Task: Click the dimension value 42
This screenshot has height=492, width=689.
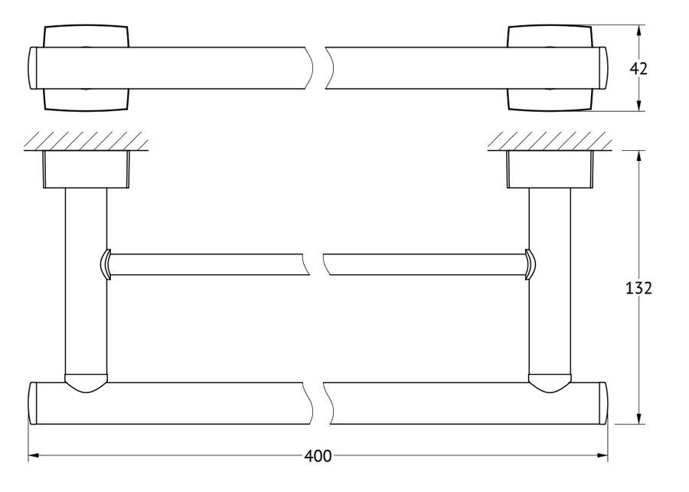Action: (x=638, y=69)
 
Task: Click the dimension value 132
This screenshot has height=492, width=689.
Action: (x=638, y=288)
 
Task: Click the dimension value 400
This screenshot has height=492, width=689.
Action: (x=318, y=457)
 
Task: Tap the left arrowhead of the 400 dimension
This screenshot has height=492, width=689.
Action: (x=34, y=456)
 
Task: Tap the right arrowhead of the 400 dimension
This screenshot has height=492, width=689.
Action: (x=602, y=456)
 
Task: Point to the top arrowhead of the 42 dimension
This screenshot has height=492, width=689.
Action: (x=639, y=31)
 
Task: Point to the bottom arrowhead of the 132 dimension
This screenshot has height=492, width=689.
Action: (x=639, y=418)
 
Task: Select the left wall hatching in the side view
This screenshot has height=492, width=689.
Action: (x=85, y=141)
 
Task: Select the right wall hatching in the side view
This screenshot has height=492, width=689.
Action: (x=549, y=141)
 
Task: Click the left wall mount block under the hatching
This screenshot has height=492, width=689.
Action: (x=86, y=169)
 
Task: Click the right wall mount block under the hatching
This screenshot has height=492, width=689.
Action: (x=550, y=169)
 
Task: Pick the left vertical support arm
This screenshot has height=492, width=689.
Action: (x=86, y=281)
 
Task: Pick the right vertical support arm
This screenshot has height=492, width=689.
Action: (x=550, y=281)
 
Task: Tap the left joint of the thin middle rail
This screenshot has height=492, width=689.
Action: (x=106, y=264)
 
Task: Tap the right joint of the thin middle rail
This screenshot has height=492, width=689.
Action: (x=531, y=264)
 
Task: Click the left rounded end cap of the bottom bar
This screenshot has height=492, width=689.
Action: (x=32, y=404)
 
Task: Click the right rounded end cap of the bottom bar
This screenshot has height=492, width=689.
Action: (x=604, y=404)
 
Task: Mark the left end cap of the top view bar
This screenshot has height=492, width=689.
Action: (x=32, y=68)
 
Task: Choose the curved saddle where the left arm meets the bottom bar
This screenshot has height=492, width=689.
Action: (x=86, y=383)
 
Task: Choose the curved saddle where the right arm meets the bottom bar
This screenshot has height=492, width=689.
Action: (x=550, y=383)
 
